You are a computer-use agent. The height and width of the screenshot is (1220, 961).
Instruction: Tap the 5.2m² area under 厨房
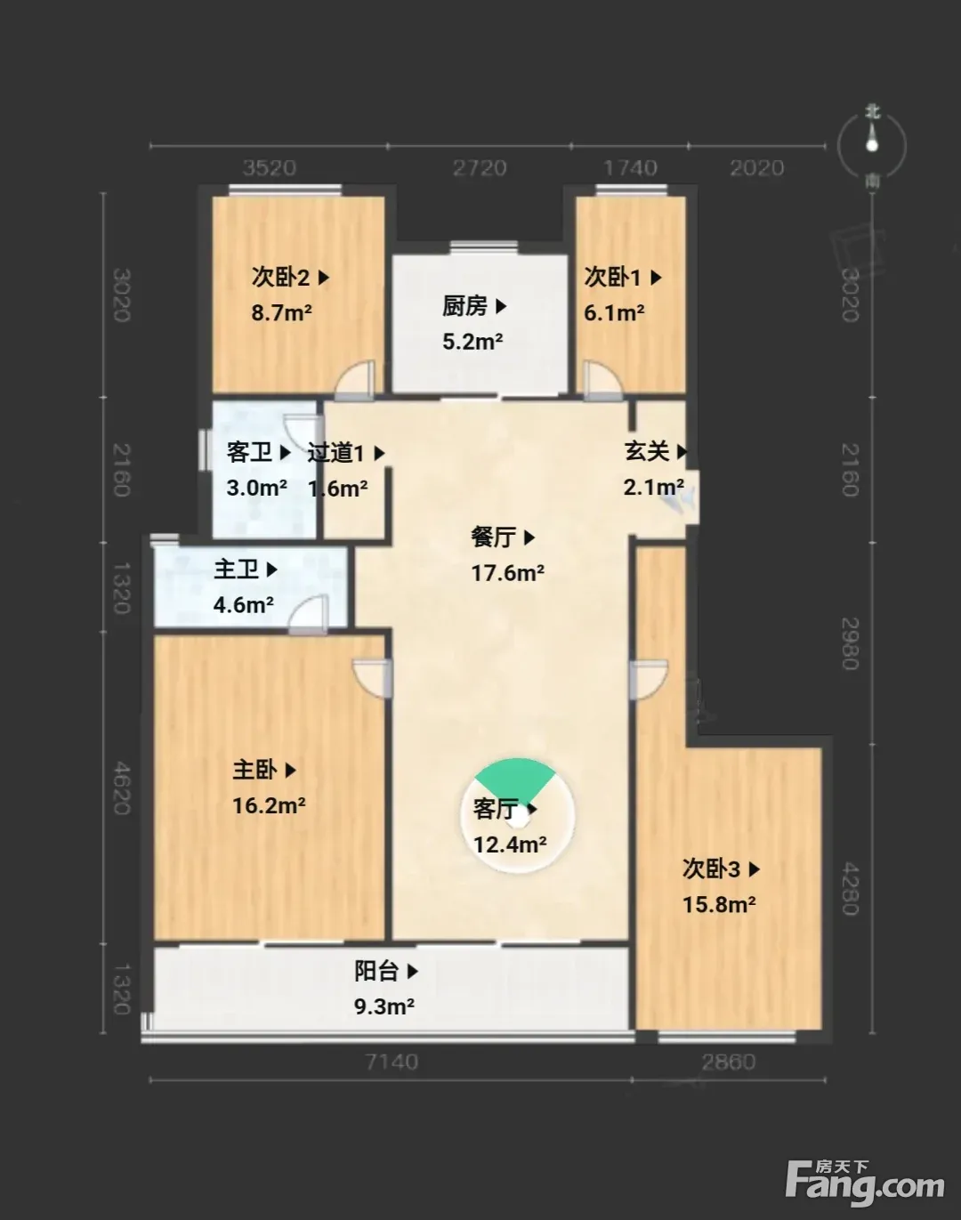[472, 342]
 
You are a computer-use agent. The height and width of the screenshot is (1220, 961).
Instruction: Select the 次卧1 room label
[613, 278]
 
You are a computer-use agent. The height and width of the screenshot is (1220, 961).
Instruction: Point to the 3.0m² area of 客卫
[257, 488]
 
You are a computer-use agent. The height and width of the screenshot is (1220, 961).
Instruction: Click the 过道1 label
[336, 453]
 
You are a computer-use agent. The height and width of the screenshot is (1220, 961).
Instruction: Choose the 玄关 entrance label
[647, 451]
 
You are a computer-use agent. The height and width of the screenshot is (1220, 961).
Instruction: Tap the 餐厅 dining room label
[494, 537]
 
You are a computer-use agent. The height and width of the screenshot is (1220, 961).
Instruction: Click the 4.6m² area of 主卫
[243, 605]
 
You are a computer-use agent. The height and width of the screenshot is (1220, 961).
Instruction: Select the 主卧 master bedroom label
[255, 770]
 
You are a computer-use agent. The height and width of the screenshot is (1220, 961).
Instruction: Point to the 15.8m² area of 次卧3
[719, 904]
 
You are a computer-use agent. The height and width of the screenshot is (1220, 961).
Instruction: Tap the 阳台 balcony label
[377, 971]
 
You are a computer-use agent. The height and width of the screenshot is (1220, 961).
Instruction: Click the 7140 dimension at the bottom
[392, 1062]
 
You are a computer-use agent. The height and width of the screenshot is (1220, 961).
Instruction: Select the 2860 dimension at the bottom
[729, 1062]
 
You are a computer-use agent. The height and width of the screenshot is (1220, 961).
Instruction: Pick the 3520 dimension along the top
[270, 168]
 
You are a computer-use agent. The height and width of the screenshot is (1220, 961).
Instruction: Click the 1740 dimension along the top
[631, 168]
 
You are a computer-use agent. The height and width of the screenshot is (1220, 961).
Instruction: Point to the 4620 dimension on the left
[122, 788]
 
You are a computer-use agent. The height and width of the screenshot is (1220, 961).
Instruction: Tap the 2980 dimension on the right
[850, 643]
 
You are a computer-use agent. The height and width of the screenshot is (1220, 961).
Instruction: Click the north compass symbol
[872, 146]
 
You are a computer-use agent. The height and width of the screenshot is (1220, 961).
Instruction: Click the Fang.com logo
[865, 1184]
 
